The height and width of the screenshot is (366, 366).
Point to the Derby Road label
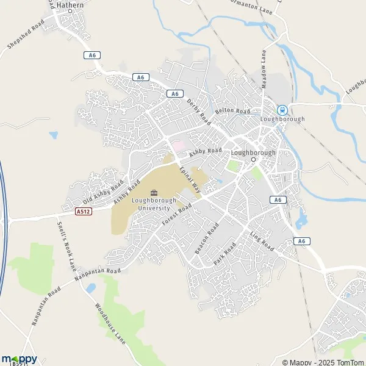coord(198,110)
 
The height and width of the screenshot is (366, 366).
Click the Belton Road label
coord(232,112)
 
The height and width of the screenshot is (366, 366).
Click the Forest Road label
coord(178,215)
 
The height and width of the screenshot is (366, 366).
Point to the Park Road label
coord(224,253)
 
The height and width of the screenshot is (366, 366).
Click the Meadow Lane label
coord(264,69)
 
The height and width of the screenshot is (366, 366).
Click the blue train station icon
coord(282,110)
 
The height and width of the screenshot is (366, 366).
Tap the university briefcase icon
coord(152,193)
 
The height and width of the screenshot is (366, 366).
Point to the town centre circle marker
coord(253,160)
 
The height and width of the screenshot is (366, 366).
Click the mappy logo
coord(19,359)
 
